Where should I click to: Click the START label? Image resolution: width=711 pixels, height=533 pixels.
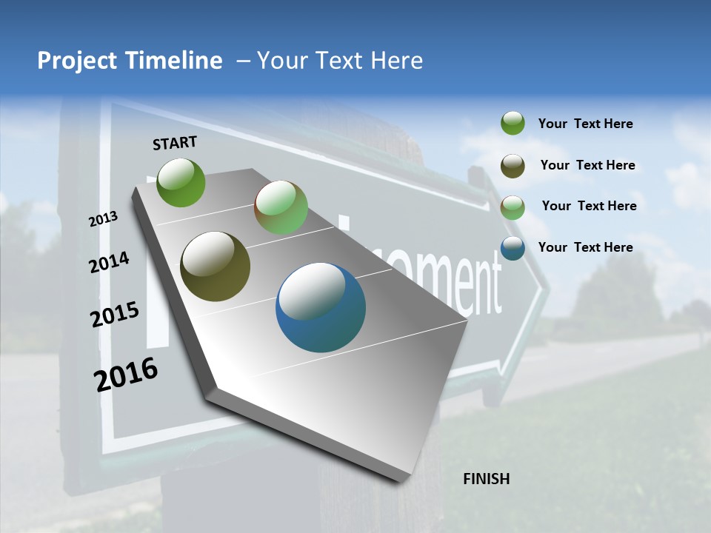tap(175, 143)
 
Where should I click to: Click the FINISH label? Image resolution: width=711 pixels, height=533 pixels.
tap(486, 479)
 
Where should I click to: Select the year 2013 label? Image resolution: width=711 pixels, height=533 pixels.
tap(103, 218)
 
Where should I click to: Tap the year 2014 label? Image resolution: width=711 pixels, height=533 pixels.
tap(109, 262)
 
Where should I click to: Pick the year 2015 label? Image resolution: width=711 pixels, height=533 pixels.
tap(115, 315)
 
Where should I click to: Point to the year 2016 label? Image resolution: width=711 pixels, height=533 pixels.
tap(126, 375)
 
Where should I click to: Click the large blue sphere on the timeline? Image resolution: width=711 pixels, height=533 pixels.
tap(321, 307)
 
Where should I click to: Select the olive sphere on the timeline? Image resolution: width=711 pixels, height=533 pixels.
tap(215, 266)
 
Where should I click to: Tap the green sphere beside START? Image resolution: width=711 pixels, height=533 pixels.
tap(181, 182)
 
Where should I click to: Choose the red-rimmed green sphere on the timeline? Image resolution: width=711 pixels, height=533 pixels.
tap(281, 207)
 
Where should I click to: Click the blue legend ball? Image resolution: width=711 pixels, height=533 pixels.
tap(513, 248)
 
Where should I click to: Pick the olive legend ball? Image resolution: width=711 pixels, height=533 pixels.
tap(513, 166)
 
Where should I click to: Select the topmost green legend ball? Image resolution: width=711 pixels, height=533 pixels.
tap(513, 123)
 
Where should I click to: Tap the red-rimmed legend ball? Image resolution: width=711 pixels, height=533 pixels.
tap(513, 207)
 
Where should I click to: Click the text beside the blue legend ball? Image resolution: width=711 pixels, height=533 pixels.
tap(585, 247)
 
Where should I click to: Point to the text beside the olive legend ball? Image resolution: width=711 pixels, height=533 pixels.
tap(587, 165)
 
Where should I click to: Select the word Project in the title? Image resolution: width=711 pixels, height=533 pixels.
tap(76, 61)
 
